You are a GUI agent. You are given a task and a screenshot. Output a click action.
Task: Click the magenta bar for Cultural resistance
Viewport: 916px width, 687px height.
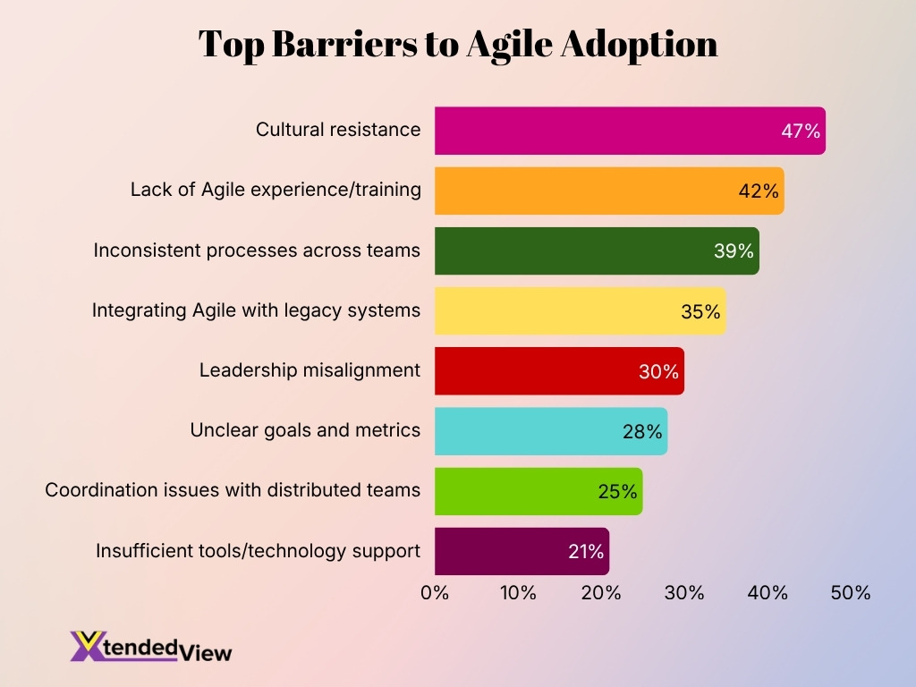(608, 131)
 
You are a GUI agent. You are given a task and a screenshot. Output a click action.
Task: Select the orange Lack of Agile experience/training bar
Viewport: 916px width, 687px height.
(590, 191)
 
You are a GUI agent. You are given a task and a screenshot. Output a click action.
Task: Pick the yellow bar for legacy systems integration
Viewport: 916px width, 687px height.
(564, 310)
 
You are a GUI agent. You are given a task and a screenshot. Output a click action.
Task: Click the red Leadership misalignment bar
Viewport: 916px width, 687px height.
(546, 370)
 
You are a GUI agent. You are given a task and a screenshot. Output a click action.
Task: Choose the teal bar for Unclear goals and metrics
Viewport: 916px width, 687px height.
(537, 431)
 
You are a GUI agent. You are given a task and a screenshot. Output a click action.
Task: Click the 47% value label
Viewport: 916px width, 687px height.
(801, 131)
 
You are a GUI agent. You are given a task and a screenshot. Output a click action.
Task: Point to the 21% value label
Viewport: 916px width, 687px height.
(586, 552)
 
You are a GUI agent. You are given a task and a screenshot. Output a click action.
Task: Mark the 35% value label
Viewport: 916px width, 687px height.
(700, 311)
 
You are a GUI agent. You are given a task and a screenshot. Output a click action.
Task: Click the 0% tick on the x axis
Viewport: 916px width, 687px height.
(435, 592)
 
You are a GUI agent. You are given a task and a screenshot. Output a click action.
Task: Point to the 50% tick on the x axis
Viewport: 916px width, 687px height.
(850, 592)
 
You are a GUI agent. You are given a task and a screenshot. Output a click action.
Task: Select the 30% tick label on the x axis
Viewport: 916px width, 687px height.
(684, 592)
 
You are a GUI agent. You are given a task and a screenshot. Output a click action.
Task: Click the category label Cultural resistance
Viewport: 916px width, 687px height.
(338, 130)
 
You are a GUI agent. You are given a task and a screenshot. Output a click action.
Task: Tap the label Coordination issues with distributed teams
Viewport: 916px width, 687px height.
(233, 490)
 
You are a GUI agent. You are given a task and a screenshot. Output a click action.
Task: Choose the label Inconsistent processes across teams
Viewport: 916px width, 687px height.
(257, 250)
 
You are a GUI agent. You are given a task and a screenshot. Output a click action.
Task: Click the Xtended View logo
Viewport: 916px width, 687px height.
(151, 647)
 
